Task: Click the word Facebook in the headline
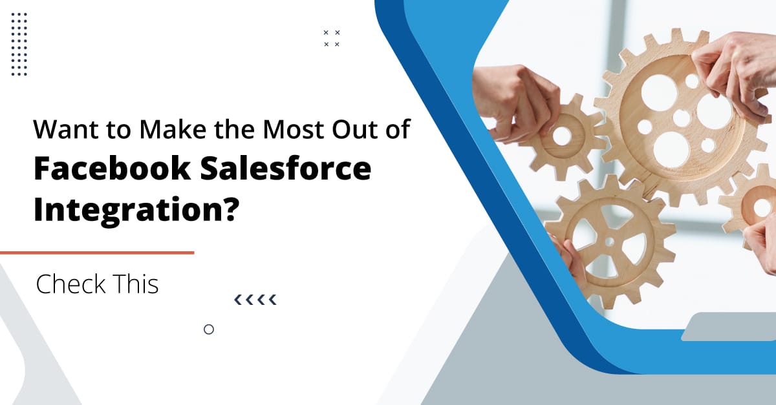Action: point(112,169)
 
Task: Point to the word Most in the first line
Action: point(290,130)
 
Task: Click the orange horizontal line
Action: point(97,253)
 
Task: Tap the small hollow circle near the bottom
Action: point(209,329)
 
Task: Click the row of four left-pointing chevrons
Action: point(255,299)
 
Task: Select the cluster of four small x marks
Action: point(332,38)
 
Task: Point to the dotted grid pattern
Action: point(19,43)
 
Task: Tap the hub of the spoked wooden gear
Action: point(609,241)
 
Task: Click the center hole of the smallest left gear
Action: point(562,136)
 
